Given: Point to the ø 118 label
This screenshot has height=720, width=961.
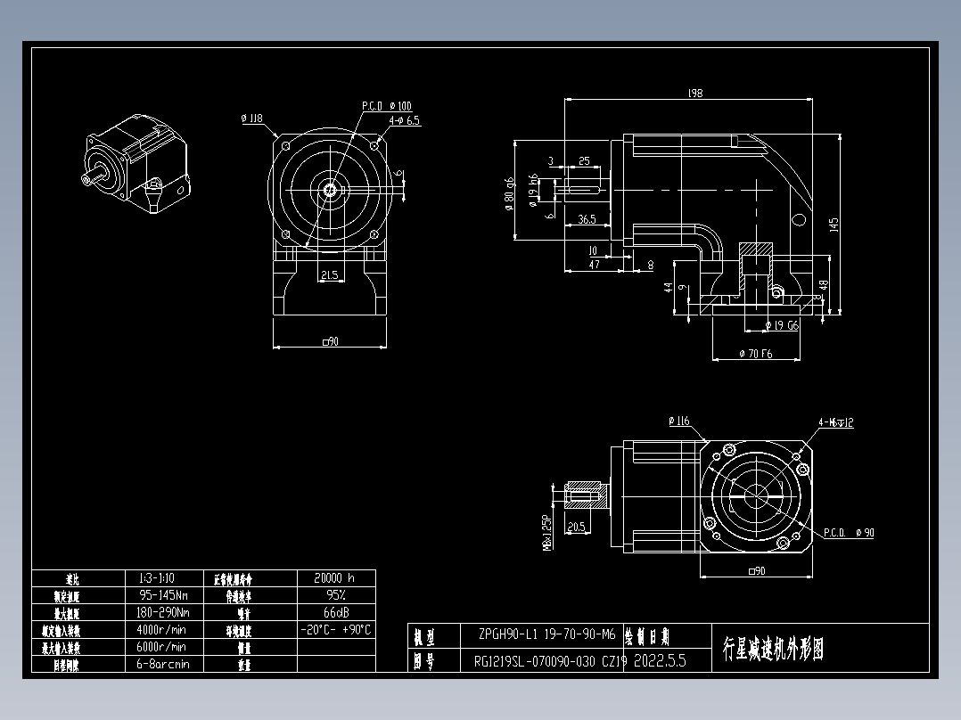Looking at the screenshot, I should [252, 118].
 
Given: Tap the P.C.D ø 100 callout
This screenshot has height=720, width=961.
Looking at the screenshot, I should [386, 106].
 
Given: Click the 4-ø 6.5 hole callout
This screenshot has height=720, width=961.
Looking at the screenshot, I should [404, 119].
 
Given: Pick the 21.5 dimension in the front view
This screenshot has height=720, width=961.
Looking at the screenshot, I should [329, 275].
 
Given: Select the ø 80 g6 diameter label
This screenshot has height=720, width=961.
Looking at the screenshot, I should [508, 191].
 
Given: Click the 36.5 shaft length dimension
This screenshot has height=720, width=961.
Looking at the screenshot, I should [586, 218].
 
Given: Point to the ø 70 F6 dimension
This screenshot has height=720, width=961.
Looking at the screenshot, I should [756, 355].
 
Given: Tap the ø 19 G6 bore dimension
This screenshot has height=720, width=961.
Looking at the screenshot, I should [782, 325].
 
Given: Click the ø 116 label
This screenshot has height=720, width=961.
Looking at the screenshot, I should [678, 421].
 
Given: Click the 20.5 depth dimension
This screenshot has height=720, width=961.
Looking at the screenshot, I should [575, 527].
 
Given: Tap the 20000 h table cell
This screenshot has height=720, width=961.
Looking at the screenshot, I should [335, 578].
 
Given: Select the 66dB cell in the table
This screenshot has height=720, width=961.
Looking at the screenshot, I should [335, 613].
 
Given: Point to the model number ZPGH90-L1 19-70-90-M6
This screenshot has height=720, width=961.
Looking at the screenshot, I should [546, 635].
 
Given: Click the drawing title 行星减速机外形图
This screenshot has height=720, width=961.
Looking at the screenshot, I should [773, 649].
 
